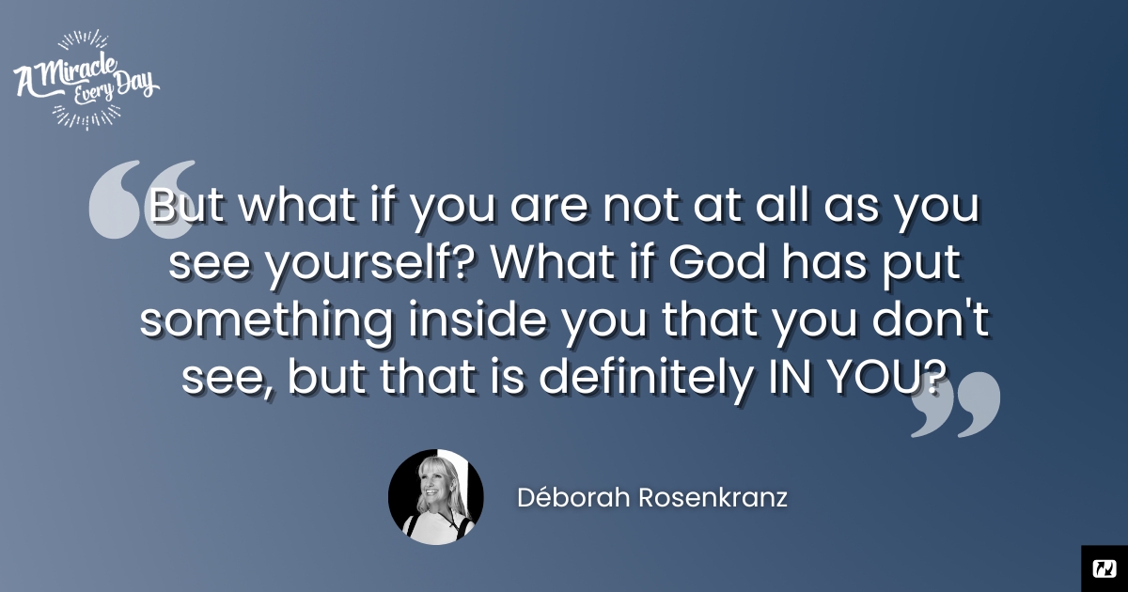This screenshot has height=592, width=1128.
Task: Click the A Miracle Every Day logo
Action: (x=86, y=80)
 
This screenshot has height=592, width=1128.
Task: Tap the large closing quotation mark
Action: (x=956, y=405)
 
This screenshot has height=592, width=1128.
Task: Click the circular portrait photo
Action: (x=436, y=497)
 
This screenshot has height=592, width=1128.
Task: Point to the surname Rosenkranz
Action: (x=713, y=498)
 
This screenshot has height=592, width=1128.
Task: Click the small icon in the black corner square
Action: (x=1104, y=569)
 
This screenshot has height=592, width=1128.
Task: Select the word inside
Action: (x=478, y=319)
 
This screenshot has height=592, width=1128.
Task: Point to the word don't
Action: (x=932, y=319)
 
